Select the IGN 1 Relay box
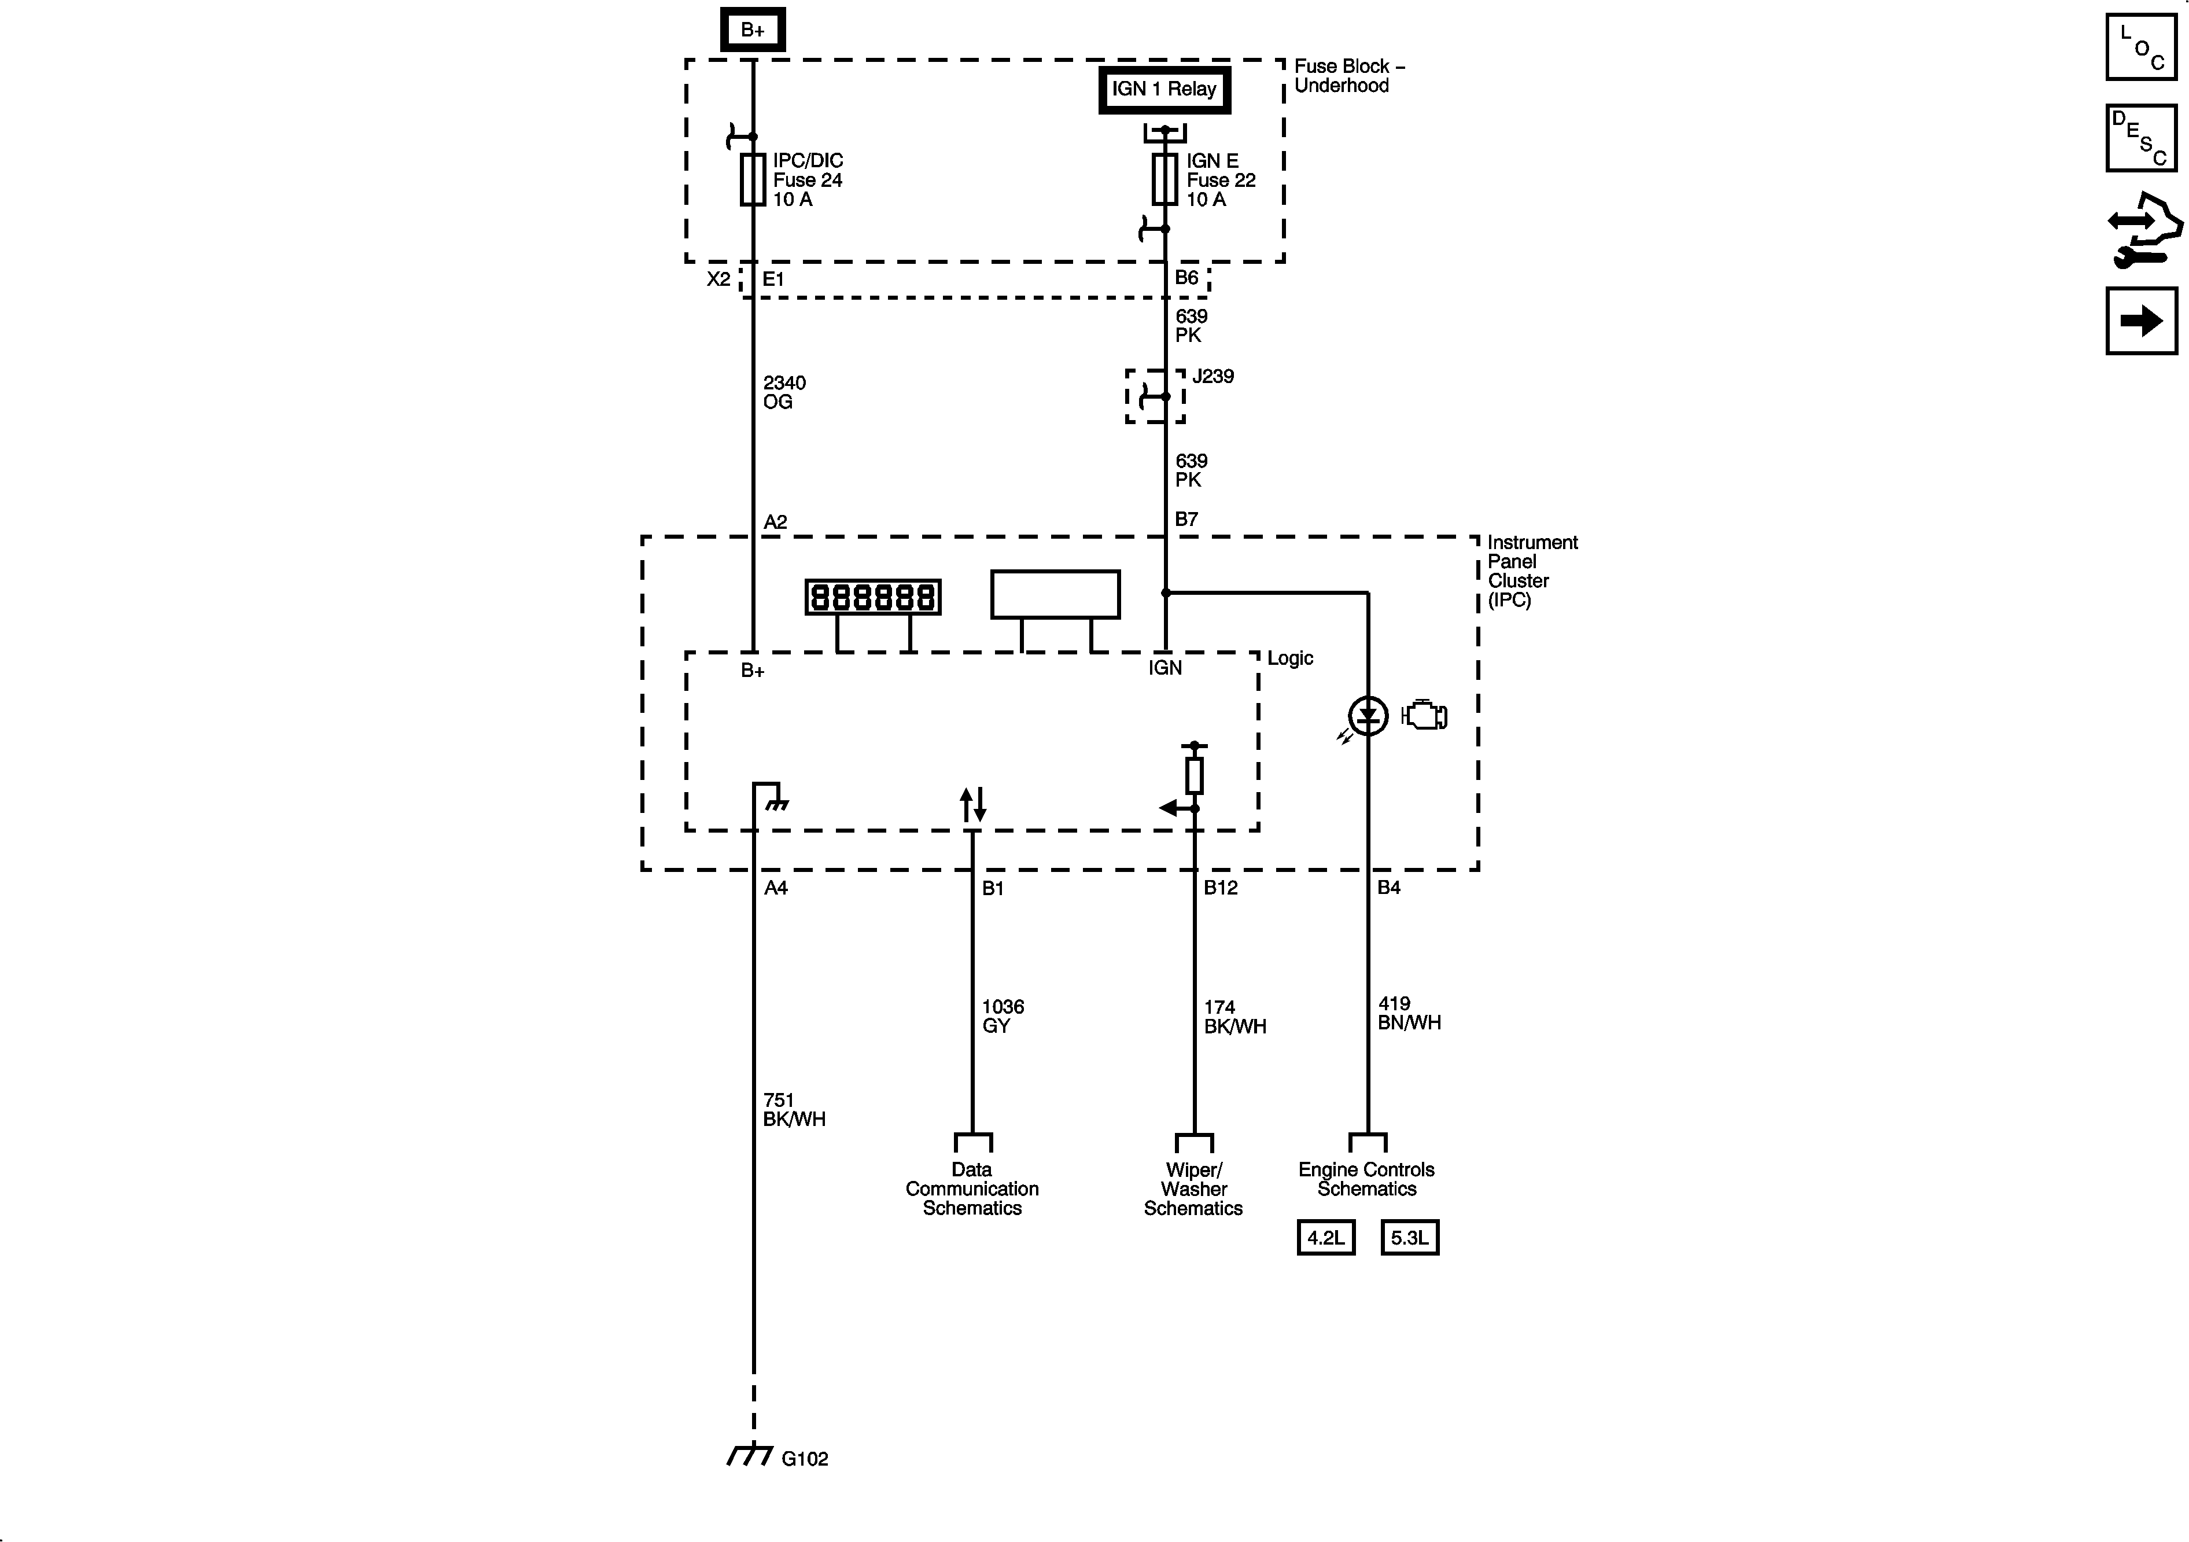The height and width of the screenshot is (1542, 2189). (1164, 90)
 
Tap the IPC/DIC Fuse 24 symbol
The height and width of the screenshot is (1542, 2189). (753, 179)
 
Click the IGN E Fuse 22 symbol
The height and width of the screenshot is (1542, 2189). (1165, 179)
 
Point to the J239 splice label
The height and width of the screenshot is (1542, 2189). (1213, 377)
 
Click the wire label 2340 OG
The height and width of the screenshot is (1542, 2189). (784, 392)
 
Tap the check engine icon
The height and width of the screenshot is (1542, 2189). (1424, 715)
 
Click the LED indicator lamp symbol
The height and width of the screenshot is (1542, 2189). (1368, 715)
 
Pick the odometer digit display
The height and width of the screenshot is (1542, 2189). (874, 597)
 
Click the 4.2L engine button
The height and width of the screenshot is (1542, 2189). (1325, 1238)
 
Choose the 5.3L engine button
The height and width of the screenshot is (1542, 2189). (1409, 1238)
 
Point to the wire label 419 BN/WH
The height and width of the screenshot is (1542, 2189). (1408, 1013)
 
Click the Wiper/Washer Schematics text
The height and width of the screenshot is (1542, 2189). (1193, 1189)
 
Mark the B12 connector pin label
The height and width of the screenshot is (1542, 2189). (1221, 888)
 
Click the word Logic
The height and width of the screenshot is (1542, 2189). (1290, 658)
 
